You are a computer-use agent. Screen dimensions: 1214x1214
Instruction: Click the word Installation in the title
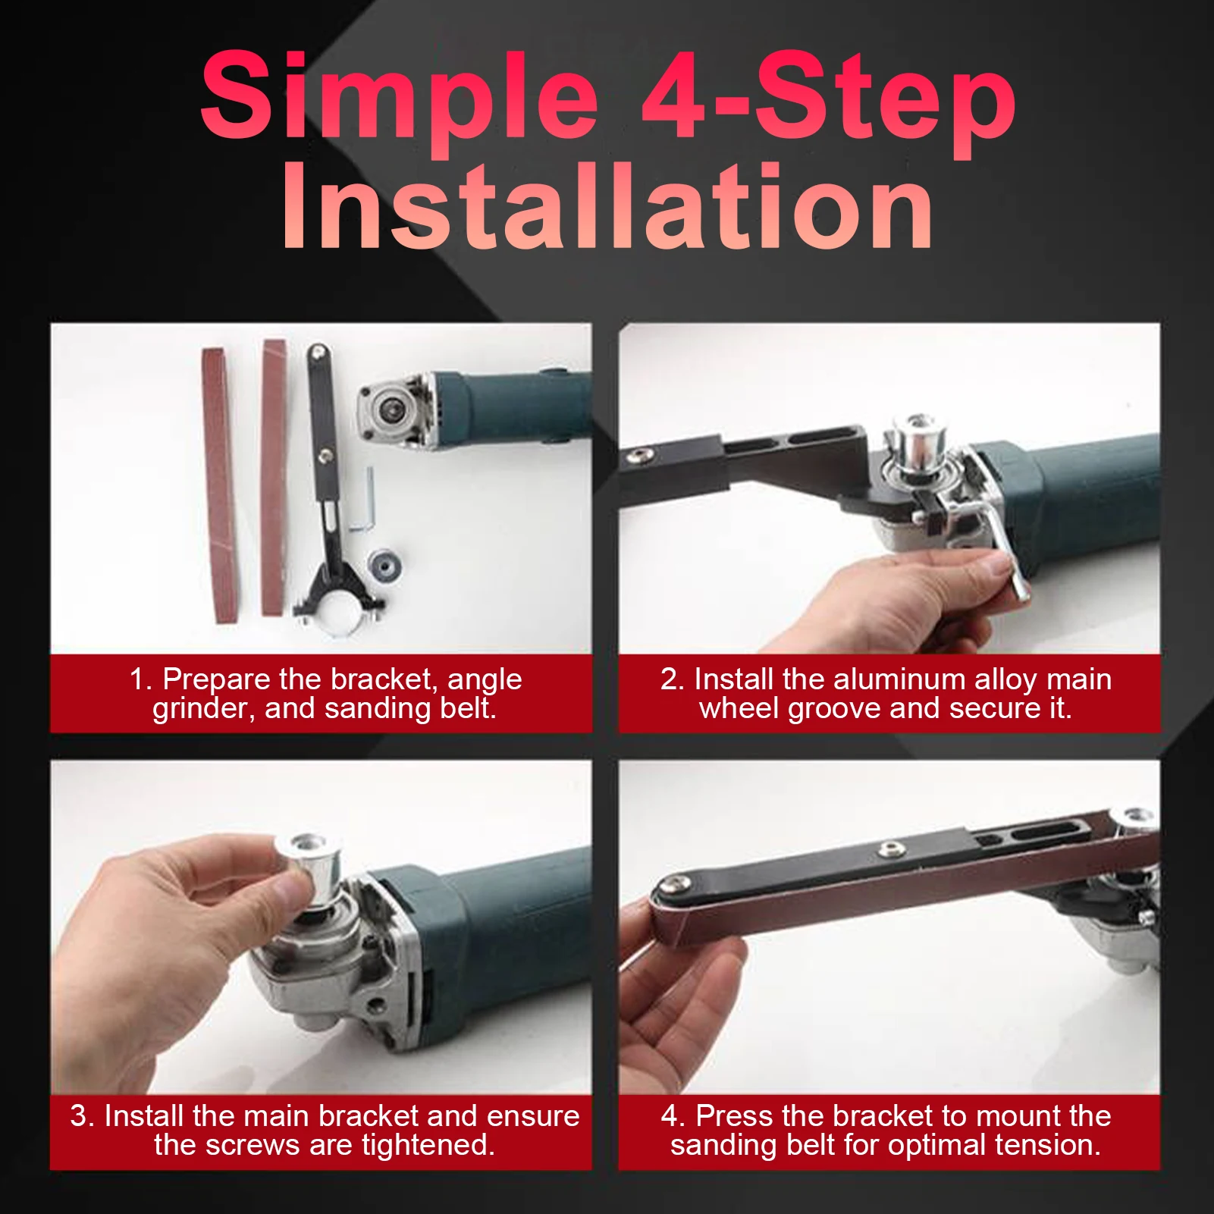(x=607, y=207)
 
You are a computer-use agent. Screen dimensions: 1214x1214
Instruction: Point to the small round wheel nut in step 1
(x=383, y=564)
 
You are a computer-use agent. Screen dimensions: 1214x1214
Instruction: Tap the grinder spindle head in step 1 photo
(x=391, y=409)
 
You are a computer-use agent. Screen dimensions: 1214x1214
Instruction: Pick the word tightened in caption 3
(x=428, y=1145)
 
